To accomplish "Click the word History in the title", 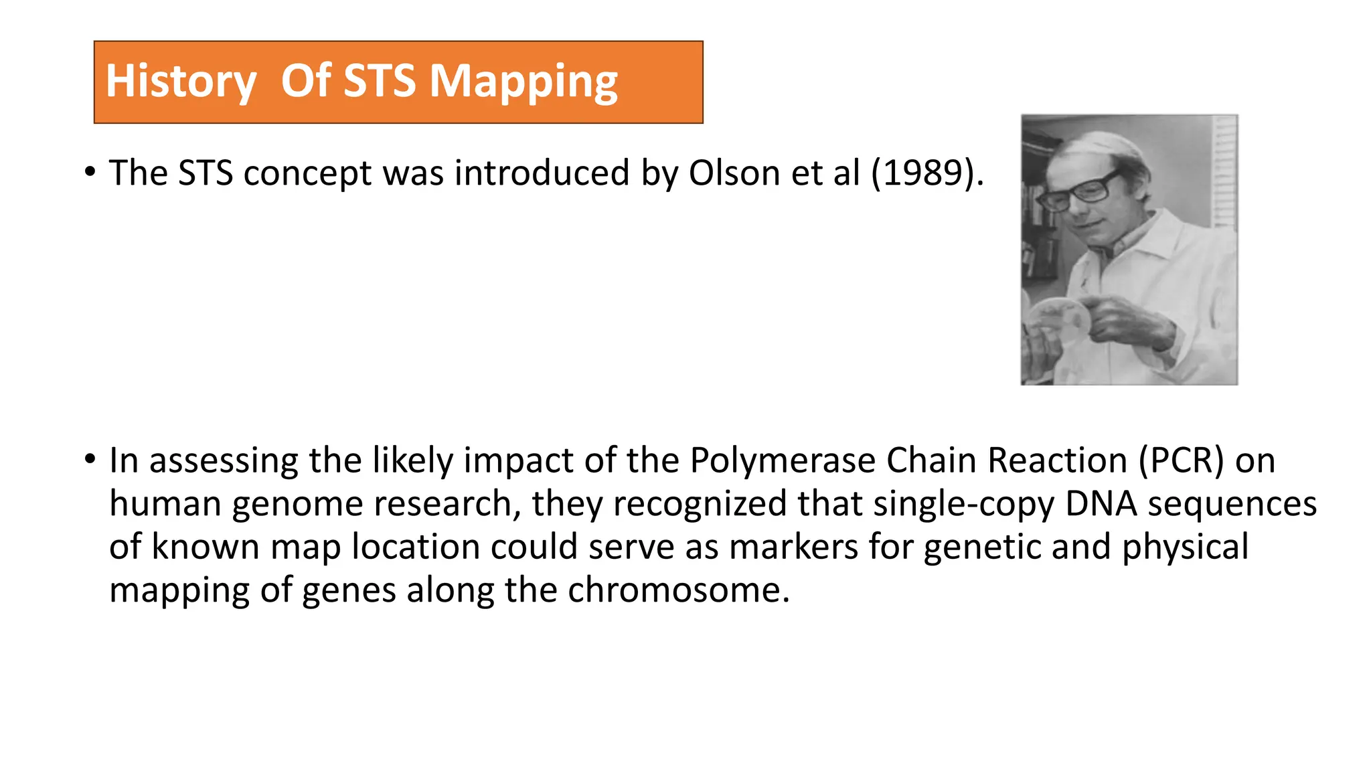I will click(181, 81).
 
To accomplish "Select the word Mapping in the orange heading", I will click(523, 81).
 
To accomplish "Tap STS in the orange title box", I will click(379, 81).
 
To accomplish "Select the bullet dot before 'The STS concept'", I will click(90, 172).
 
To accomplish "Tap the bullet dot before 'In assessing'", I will click(90, 460).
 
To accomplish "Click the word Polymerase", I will click(782, 460).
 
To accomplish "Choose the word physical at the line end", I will click(1185, 547).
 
